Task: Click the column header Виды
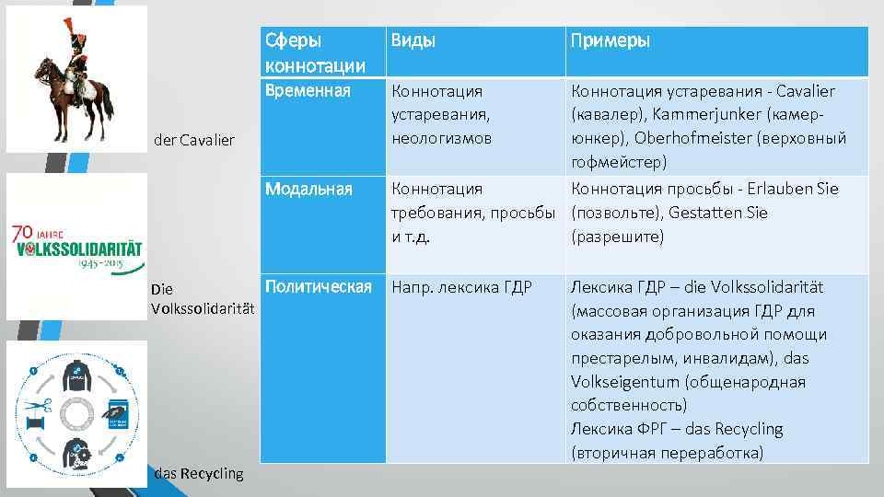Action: [x=413, y=41]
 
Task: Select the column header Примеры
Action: [x=611, y=41]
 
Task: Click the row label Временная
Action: [x=308, y=90]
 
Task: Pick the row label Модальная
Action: [x=308, y=189]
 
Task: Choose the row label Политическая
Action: [x=318, y=286]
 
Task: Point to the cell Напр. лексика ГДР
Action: [x=462, y=287]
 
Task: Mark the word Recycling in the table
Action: [x=743, y=429]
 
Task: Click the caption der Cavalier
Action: [x=195, y=140]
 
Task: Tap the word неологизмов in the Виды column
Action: [x=442, y=139]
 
